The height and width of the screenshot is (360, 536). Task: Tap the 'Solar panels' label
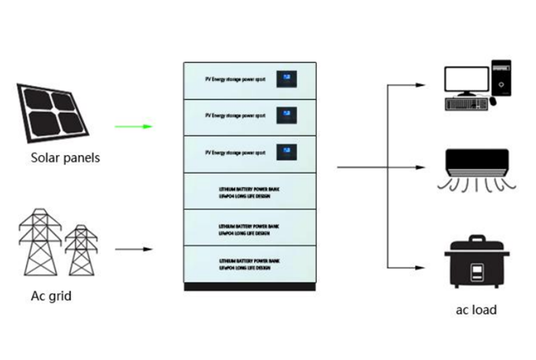point(65,158)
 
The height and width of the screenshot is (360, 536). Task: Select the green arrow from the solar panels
point(133,126)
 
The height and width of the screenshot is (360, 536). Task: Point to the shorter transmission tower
point(81,249)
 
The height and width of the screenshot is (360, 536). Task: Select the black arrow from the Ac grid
point(134,250)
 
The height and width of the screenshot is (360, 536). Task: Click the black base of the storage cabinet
point(250,286)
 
